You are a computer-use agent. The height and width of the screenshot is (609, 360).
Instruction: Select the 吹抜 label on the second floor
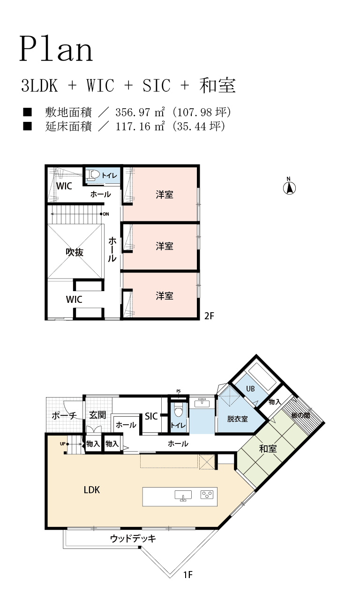coord(75,252)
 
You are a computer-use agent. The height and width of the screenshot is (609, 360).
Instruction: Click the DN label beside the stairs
coord(106,214)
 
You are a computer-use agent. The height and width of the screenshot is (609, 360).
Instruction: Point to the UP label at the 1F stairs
coord(62,444)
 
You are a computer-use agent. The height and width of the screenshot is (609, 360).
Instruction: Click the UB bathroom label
coord(250,389)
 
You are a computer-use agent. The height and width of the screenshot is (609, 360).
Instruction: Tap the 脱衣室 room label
coord(237,419)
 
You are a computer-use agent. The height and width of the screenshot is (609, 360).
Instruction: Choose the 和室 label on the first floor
coord(268,449)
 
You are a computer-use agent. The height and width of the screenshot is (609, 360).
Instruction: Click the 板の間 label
coord(300,415)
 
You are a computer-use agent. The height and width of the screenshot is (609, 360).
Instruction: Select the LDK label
coord(91,490)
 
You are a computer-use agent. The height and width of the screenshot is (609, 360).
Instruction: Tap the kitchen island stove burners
coord(207,495)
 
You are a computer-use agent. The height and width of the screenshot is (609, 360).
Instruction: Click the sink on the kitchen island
coord(183,496)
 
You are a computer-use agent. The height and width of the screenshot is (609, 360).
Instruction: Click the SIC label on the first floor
coord(151,416)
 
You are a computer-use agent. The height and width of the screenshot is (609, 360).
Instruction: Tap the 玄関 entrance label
coord(97,415)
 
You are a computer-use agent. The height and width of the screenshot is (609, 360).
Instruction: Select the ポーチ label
coord(64,415)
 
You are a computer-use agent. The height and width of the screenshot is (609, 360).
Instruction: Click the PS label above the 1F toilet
coord(179,391)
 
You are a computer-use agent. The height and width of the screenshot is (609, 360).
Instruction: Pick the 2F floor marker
coord(209,316)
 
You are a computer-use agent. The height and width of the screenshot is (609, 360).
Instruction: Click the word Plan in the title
coord(56,50)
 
